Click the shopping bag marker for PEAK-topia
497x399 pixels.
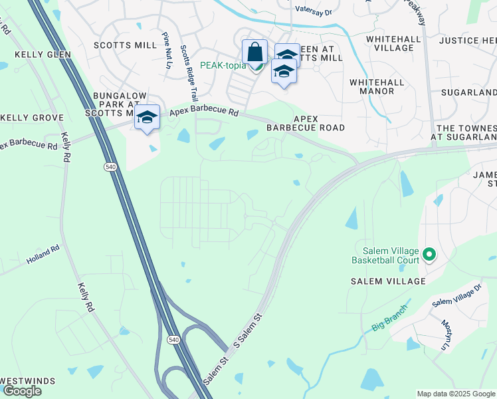click(x=254, y=51)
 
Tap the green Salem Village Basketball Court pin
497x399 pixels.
click(x=429, y=254)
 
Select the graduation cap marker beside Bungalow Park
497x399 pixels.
click(x=147, y=118)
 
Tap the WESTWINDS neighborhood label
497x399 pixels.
click(x=27, y=382)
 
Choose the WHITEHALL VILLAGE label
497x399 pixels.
click(x=397, y=43)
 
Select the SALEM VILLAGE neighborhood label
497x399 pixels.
click(x=388, y=281)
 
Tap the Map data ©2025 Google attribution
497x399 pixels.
click(x=456, y=394)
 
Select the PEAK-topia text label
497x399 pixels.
click(x=223, y=65)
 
